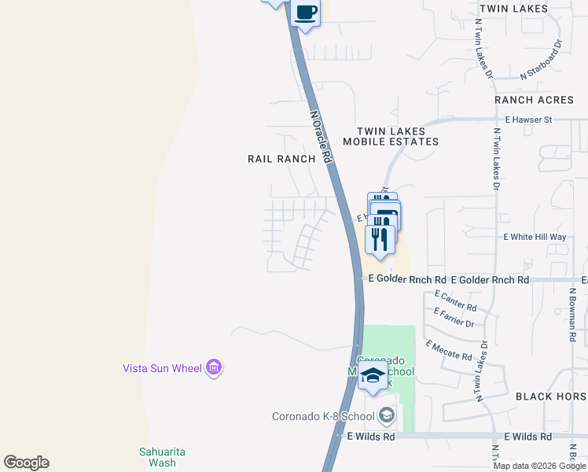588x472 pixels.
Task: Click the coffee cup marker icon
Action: tap(305, 13)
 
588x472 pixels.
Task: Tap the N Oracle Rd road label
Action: tap(321, 135)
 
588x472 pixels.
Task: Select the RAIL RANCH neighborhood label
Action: tap(281, 158)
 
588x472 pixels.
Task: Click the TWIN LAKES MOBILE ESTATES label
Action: tap(391, 137)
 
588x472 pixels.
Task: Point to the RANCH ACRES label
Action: tap(535, 100)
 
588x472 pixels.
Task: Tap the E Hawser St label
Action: tap(530, 120)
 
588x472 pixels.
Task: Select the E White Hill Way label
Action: tap(535, 237)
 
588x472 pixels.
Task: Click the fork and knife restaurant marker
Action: tap(380, 238)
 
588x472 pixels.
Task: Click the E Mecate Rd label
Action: tap(449, 351)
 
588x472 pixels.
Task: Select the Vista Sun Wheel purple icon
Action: tap(213, 367)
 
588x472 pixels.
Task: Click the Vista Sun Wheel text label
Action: tap(161, 367)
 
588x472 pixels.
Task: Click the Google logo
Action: tap(26, 463)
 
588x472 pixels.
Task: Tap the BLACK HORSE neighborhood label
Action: tap(550, 396)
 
